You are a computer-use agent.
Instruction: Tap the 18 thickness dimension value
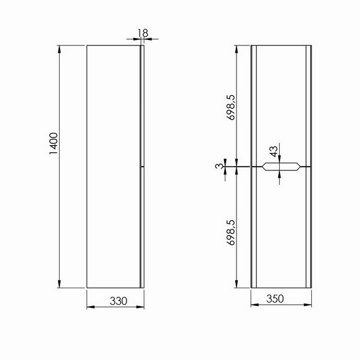(143, 33)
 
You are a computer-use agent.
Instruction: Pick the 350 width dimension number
(275, 299)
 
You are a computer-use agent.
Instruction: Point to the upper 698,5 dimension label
(231, 107)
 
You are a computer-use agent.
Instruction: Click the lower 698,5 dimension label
(231, 233)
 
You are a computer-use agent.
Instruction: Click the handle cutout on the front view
(280, 167)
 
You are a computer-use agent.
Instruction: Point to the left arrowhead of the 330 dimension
(90, 307)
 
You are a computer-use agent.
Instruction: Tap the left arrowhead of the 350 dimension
(254, 305)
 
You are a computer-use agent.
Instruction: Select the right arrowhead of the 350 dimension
(309, 305)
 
